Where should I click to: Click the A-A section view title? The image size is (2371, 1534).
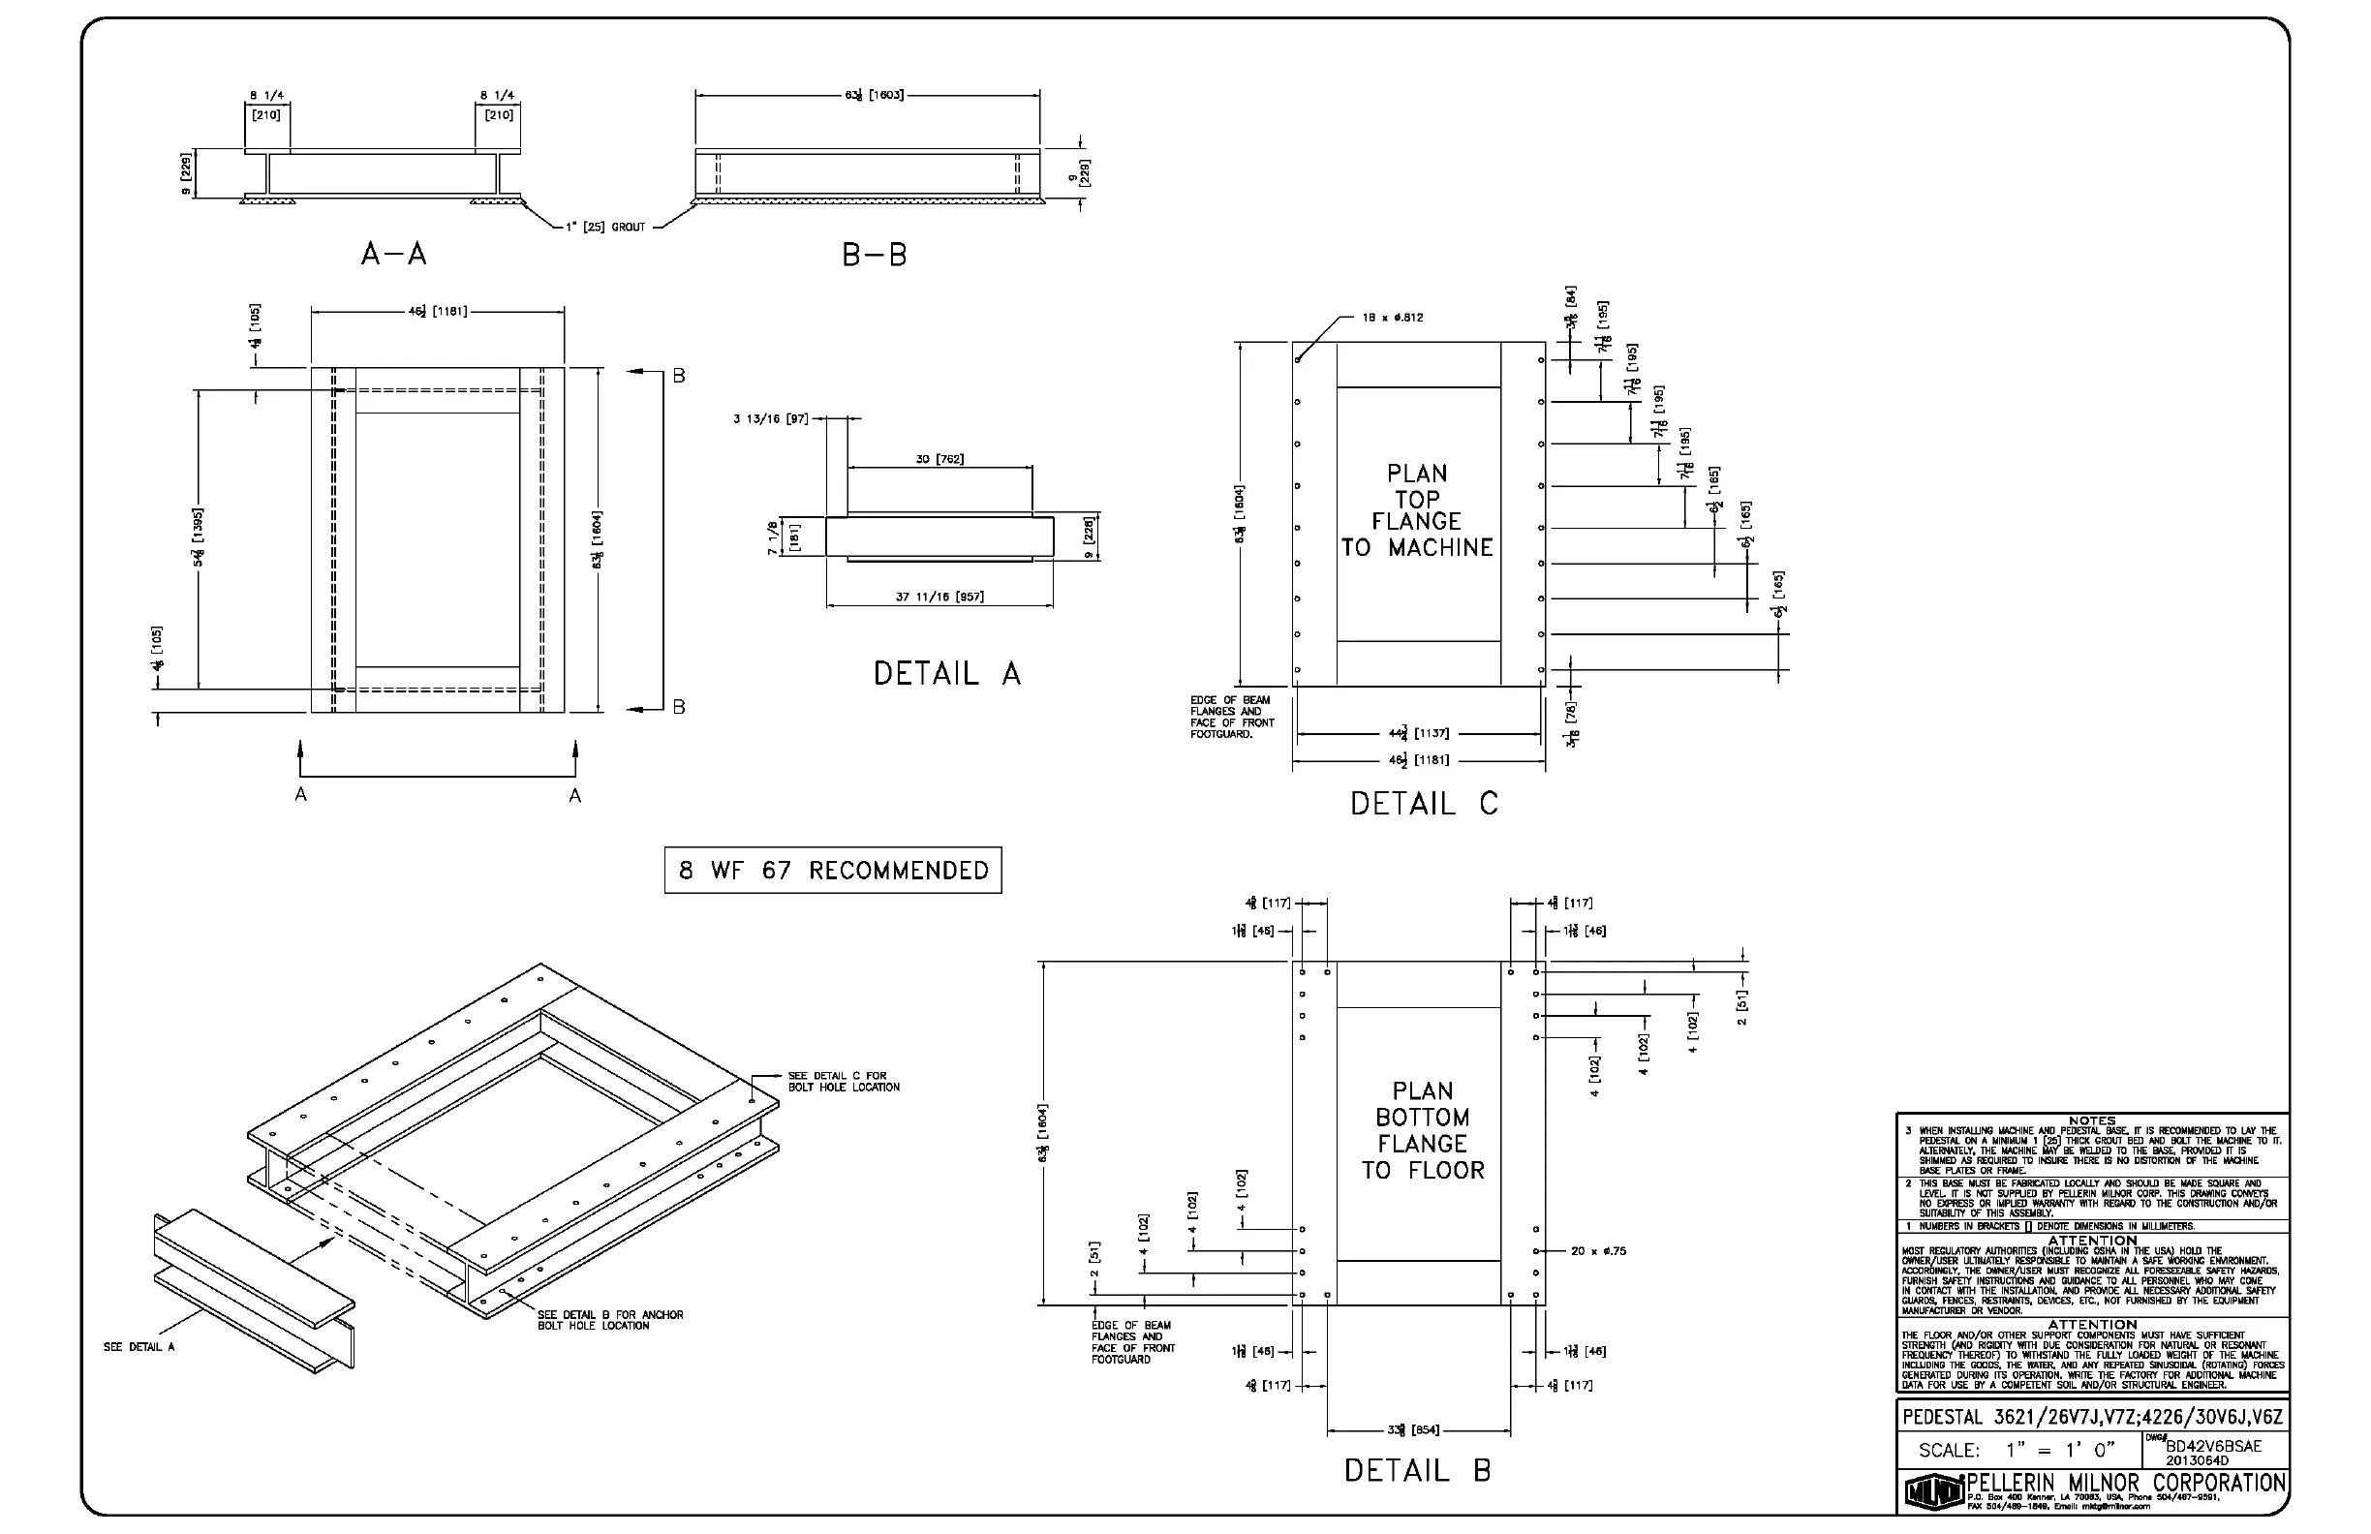(x=393, y=255)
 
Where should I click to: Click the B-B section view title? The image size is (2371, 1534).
(x=875, y=256)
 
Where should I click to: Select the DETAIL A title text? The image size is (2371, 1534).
(x=946, y=674)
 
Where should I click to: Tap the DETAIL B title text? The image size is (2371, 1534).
(x=1417, y=1470)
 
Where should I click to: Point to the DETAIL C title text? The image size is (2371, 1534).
(x=1424, y=804)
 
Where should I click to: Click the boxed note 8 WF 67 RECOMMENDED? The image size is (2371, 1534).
(x=833, y=871)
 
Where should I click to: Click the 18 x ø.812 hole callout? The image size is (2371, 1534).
(x=1392, y=318)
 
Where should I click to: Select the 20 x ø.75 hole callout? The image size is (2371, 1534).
(x=1598, y=1251)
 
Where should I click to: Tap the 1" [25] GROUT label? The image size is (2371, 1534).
(x=605, y=228)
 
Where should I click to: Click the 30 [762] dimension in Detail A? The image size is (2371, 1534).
(x=939, y=459)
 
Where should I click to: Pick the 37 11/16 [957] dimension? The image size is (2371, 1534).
(x=939, y=597)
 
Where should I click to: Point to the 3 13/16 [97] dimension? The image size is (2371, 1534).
(x=771, y=419)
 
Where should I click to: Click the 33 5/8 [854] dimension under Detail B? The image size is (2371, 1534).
(x=1413, y=1430)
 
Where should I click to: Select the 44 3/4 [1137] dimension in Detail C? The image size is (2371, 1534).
(x=1419, y=734)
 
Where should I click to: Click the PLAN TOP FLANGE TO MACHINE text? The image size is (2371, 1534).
(x=1417, y=510)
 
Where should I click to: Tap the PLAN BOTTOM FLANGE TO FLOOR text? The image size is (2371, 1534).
(x=1423, y=1130)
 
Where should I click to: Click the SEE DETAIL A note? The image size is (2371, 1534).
(x=139, y=1348)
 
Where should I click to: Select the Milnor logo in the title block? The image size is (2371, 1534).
(x=1933, y=1491)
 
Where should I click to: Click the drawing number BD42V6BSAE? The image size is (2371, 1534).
(x=2213, y=1446)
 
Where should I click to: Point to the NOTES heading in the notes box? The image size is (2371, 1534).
(x=2091, y=1120)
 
